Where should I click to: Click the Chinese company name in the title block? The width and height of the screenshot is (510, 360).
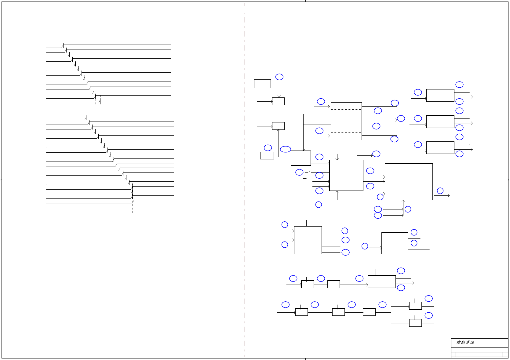coord(465,343)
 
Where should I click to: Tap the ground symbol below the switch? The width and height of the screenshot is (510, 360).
coord(305,178)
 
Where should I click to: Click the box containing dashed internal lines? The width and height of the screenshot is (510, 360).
coord(346,121)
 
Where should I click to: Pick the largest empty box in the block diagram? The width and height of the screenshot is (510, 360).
coord(409,182)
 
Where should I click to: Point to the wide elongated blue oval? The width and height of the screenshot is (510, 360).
coord(286,149)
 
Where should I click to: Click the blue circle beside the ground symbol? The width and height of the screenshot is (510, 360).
coord(299,173)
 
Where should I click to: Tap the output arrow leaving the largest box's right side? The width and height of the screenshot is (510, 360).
coord(442,195)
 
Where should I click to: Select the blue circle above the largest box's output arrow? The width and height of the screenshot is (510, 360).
coord(440,191)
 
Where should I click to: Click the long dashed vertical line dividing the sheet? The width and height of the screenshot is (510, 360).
coord(245,183)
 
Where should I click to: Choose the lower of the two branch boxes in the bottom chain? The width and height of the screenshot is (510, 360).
coord(415,323)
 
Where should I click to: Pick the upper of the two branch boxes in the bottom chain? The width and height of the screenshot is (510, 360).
coord(415,306)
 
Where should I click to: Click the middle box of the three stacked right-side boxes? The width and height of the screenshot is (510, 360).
coord(440,122)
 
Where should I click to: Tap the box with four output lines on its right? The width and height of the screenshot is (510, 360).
coord(308,240)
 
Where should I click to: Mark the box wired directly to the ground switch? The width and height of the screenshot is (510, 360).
coord(346,175)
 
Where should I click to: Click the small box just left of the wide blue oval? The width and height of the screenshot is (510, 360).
coord(267,155)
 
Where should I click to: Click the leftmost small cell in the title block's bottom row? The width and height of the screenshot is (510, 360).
coord(454,355)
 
